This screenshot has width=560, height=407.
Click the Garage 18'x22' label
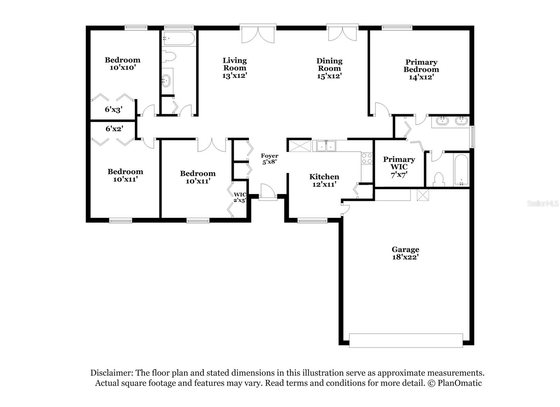tap(405, 253)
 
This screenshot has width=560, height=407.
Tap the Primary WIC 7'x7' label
tap(399, 167)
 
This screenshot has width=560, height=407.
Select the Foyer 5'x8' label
tap(269, 159)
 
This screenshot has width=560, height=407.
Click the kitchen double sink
tap(326, 146)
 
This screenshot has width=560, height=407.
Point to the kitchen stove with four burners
tap(366, 159)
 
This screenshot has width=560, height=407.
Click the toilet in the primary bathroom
tap(439, 180)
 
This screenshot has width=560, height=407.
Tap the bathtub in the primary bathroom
tap(461, 170)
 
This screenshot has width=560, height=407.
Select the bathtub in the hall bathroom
tap(179, 39)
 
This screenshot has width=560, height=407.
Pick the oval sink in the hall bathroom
tap(166, 81)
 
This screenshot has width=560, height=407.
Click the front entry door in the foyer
tap(268, 192)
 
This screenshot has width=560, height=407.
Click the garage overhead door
tap(406, 341)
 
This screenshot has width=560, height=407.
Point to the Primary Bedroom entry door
tap(382, 109)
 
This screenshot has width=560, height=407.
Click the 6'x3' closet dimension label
tap(113, 110)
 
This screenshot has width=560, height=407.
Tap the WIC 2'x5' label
tap(240, 197)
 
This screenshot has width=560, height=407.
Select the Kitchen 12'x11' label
tap(324, 180)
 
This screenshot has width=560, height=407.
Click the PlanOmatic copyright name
tap(460, 383)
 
